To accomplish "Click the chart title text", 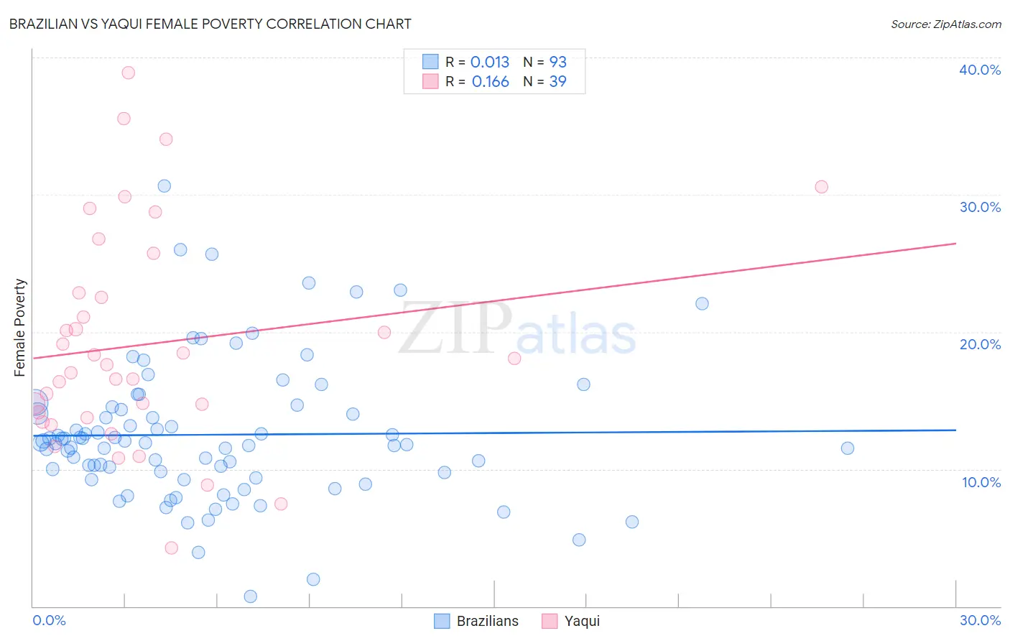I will pyautogui.click(x=210, y=24).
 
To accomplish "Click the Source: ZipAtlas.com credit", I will pyautogui.click(x=945, y=24).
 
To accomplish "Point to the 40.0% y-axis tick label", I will pyautogui.click(x=980, y=70).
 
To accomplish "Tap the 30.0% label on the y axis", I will pyautogui.click(x=980, y=207).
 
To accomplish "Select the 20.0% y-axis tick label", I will pyautogui.click(x=980, y=344).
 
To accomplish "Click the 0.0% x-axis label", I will pyautogui.click(x=49, y=620).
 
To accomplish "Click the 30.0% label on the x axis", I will pyautogui.click(x=980, y=620).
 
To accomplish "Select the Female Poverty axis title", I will pyautogui.click(x=20, y=328).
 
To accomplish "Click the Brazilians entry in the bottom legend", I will pyautogui.click(x=487, y=621).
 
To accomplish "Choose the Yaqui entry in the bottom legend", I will pyautogui.click(x=582, y=621).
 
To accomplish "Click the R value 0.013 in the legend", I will pyautogui.click(x=490, y=63).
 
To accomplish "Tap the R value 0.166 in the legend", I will pyautogui.click(x=491, y=82).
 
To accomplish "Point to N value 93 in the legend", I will pyautogui.click(x=558, y=63).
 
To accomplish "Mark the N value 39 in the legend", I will pyautogui.click(x=558, y=82).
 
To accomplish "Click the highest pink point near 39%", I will pyautogui.click(x=129, y=73).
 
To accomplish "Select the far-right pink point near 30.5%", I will pyautogui.click(x=822, y=187).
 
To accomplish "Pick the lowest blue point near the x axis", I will pyautogui.click(x=251, y=596).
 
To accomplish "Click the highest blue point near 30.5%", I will pyautogui.click(x=165, y=186).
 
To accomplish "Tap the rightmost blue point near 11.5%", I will pyautogui.click(x=848, y=448).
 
